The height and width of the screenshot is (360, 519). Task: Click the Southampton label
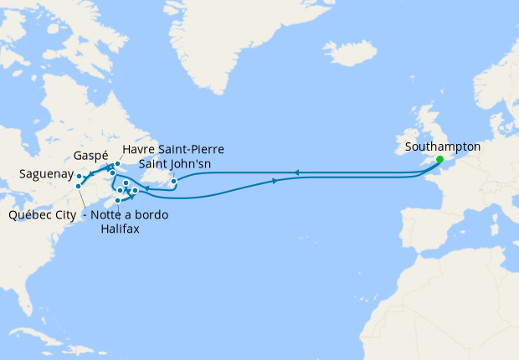coord(442,147)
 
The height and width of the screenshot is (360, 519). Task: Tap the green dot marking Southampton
coord(439,158)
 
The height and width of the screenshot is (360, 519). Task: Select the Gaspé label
coord(90,157)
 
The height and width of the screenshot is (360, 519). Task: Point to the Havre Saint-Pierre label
coord(173,149)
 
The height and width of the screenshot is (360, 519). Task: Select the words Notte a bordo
coord(130,215)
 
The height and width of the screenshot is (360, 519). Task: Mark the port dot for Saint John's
coord(173,182)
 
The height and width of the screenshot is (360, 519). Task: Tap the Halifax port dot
coord(118,200)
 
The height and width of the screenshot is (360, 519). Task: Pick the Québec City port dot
coord(78,186)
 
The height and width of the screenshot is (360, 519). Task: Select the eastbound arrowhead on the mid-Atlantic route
coord(275,181)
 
